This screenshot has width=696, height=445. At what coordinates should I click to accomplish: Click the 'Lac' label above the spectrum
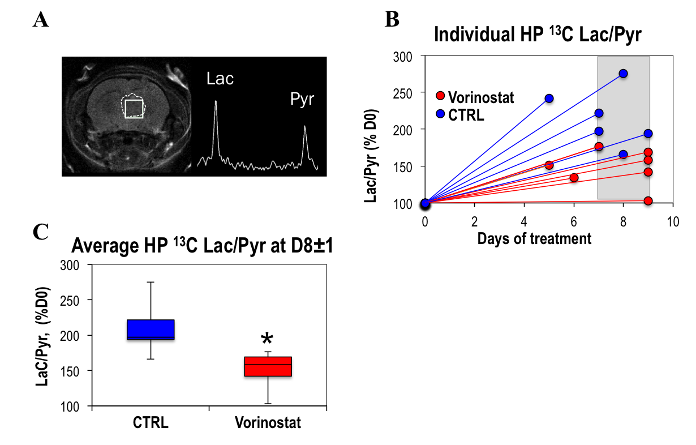220,79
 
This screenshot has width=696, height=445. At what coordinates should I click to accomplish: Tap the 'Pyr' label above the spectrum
302,99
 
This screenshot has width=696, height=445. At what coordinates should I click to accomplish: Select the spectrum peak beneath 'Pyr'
305,128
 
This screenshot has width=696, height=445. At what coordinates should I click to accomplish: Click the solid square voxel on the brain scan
134,108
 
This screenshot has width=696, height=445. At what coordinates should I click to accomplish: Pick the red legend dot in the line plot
440,95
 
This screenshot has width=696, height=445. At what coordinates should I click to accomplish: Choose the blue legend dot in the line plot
440,114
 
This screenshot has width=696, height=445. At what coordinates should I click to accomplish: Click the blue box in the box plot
151,329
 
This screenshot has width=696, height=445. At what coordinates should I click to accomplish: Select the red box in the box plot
268,367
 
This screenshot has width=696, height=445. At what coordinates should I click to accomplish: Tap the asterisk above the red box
267,340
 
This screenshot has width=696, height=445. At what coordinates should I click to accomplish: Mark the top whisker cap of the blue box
151,282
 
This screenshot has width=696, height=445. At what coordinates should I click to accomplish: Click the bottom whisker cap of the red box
268,404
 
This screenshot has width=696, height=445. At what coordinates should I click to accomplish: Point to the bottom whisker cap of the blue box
151,359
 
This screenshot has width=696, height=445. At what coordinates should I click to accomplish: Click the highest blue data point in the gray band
623,73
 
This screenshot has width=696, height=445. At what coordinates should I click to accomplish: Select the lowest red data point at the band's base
648,200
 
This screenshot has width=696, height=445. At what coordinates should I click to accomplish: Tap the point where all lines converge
426,203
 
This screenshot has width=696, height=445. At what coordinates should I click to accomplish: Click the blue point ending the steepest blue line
549,99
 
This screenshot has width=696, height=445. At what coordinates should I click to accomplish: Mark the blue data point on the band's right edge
648,134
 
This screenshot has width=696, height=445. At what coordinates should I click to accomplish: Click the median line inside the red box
268,365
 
